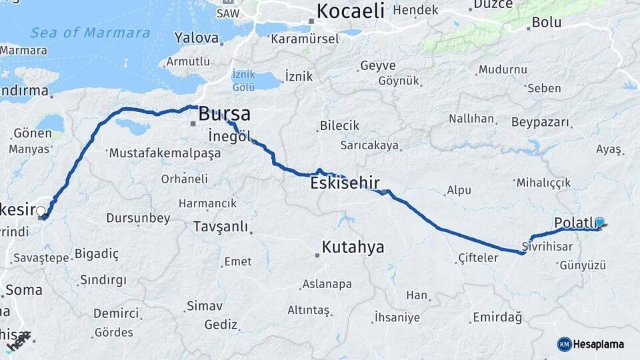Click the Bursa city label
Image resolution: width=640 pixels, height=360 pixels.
click(x=225, y=113)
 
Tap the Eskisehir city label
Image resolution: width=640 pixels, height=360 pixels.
click(x=345, y=182)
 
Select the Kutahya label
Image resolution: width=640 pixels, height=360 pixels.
click(x=353, y=247)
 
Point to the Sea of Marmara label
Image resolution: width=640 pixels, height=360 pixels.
click(x=90, y=33)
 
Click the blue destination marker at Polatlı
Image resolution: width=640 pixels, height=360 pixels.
click(x=599, y=223)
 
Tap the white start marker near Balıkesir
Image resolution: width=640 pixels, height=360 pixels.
click(x=41, y=212)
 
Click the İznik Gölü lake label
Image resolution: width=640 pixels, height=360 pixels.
click(x=244, y=81)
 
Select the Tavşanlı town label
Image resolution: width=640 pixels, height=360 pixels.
click(x=221, y=227)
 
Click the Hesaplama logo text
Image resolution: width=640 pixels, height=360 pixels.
click(x=599, y=344)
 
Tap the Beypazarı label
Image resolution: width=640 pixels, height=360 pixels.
click(x=541, y=123)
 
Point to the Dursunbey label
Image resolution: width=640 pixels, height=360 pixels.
click(x=138, y=218)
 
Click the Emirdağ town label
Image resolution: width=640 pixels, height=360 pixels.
click(x=497, y=317)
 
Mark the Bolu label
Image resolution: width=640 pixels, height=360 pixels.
click(x=546, y=23)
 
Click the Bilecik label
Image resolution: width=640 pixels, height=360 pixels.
click(x=339, y=125)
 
